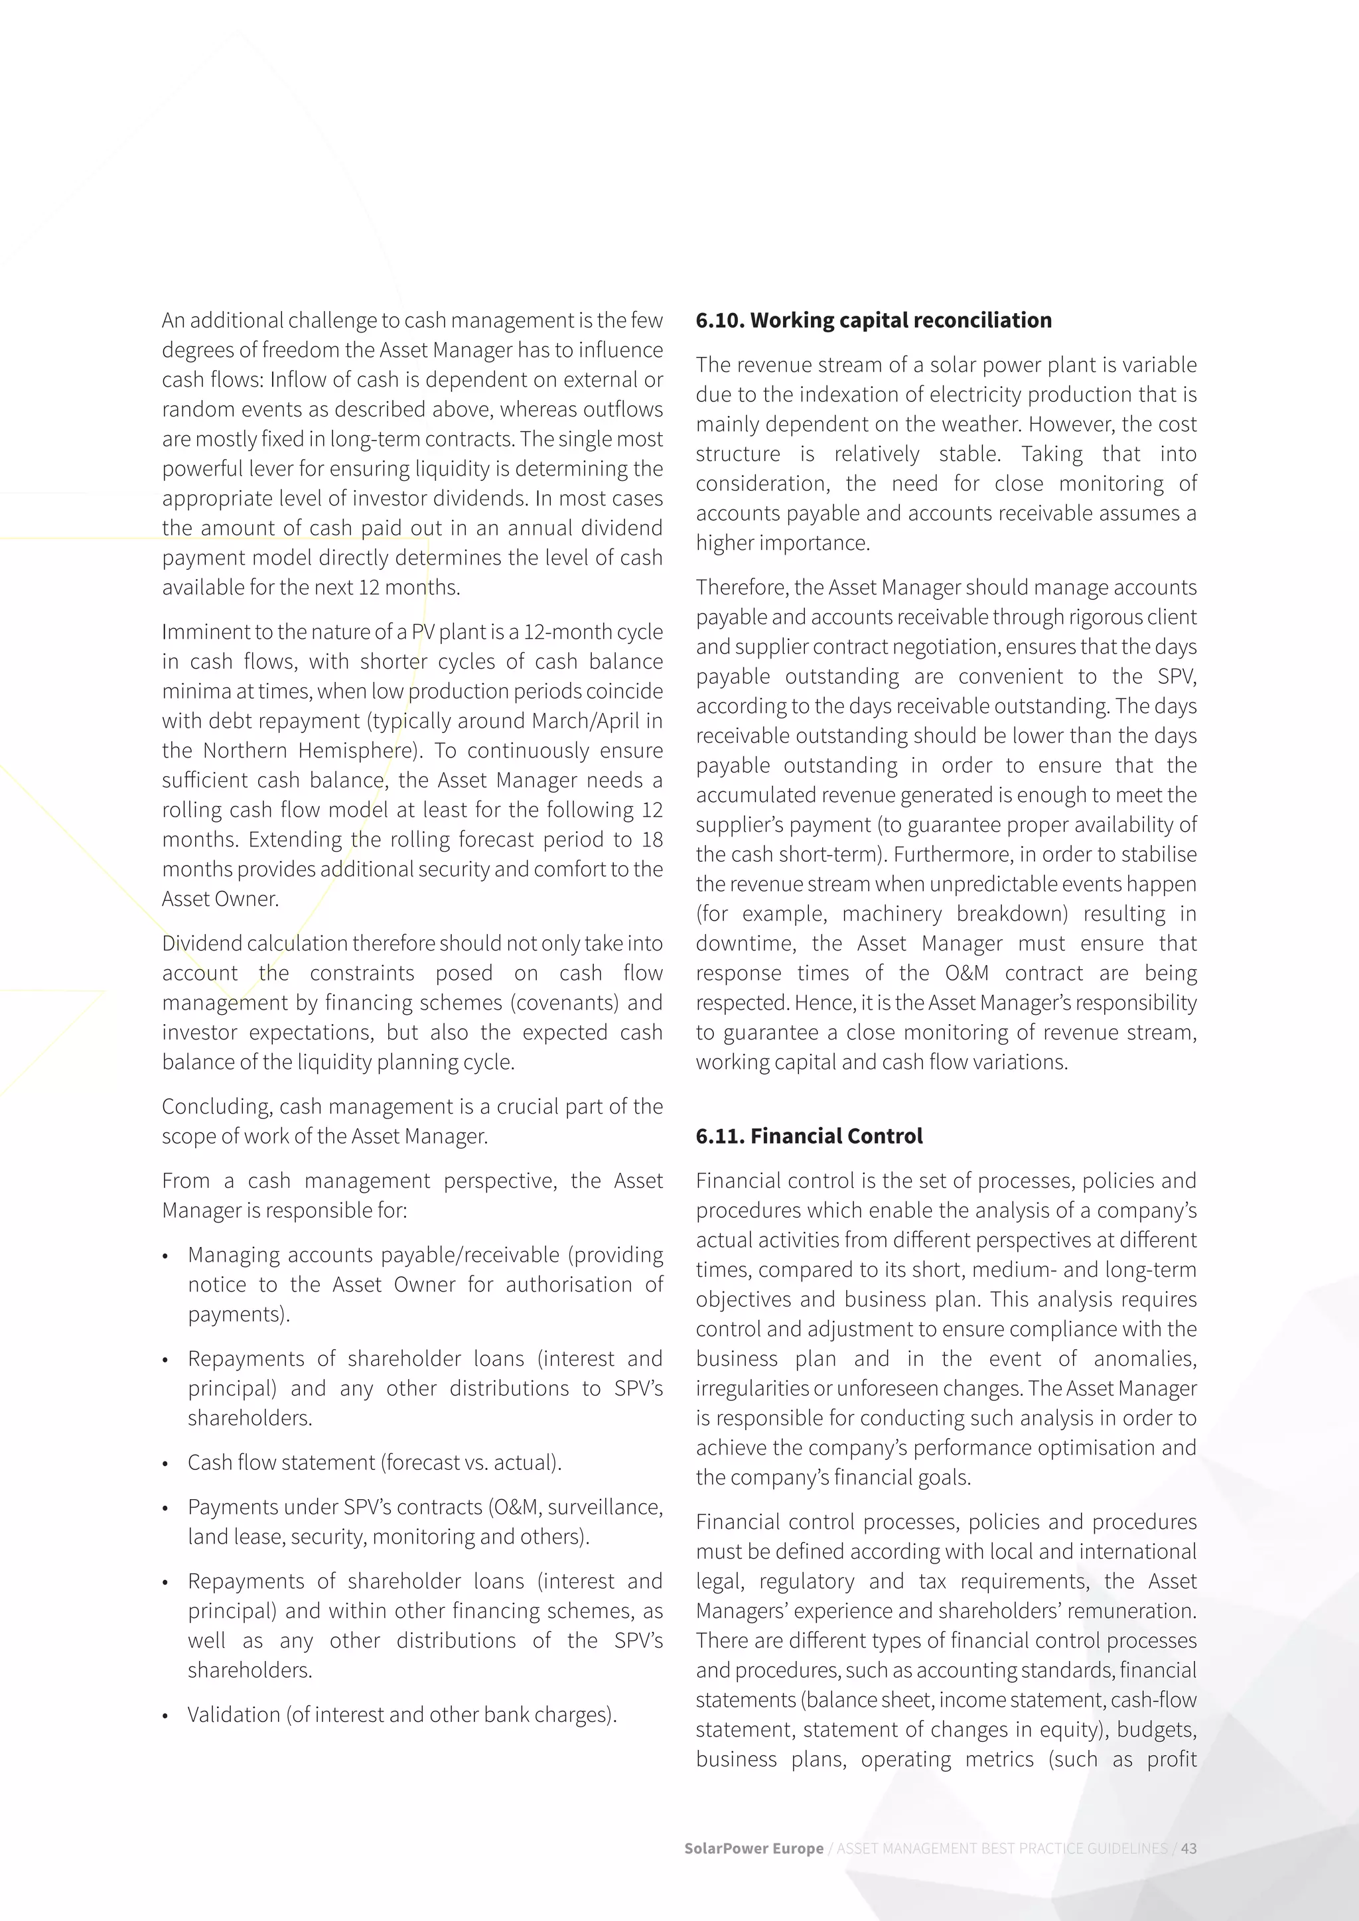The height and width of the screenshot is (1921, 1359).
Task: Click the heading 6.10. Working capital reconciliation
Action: pyautogui.click(x=873, y=320)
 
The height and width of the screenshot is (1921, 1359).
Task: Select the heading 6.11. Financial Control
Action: pyautogui.click(x=808, y=1136)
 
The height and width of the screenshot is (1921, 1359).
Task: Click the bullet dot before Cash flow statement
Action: pyautogui.click(x=166, y=1464)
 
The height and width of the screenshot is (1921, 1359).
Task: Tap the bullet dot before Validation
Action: pyautogui.click(x=166, y=1716)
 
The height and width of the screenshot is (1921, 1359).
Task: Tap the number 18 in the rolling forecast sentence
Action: pyautogui.click(x=652, y=839)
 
